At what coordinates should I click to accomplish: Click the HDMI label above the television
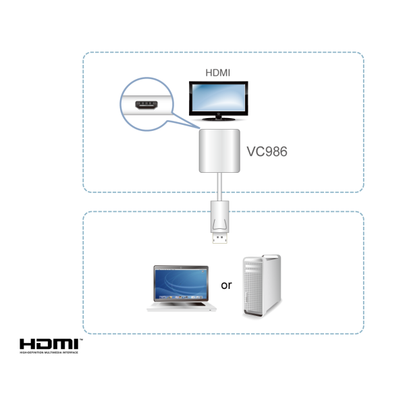pos(217,72)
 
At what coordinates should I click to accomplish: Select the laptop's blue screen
pos(181,283)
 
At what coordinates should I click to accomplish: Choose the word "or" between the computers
pos(226,285)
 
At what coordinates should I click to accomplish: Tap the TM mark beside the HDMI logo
pos(81,339)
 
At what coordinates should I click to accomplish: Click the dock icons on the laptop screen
pos(181,296)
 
